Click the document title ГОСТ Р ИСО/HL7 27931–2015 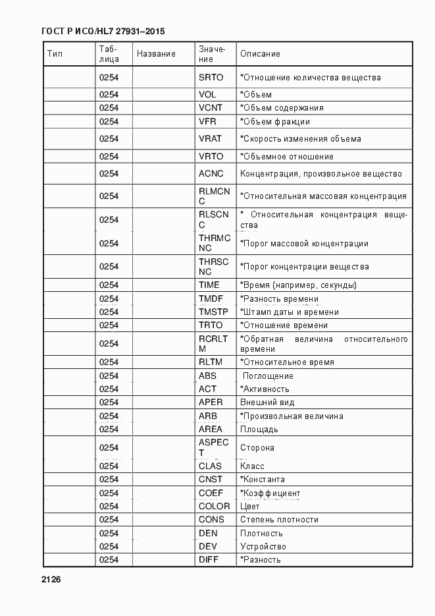(x=103, y=31)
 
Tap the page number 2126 (x=51, y=580)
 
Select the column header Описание (x=260, y=54)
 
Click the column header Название (x=156, y=54)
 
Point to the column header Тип (x=55, y=54)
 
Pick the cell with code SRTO (x=211, y=78)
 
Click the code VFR (x=207, y=121)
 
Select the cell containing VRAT (x=211, y=139)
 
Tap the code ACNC (x=211, y=174)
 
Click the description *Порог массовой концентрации (x=304, y=244)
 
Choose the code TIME (x=209, y=285)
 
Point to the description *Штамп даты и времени (x=290, y=312)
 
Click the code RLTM (x=211, y=362)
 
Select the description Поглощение (x=267, y=376)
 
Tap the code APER (x=211, y=403)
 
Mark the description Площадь (x=259, y=430)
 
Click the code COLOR (x=215, y=507)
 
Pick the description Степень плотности (x=279, y=520)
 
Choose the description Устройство (x=263, y=547)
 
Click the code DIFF (x=209, y=560)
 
